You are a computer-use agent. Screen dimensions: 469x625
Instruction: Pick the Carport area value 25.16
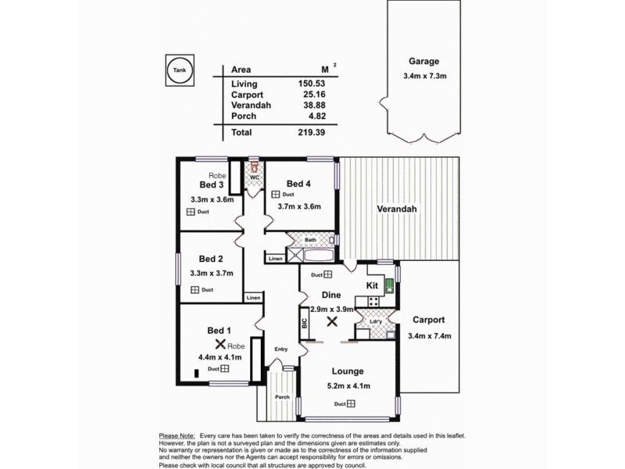click(x=310, y=95)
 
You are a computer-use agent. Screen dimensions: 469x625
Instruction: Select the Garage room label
click(x=423, y=62)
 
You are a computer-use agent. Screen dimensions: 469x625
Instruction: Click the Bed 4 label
click(x=298, y=184)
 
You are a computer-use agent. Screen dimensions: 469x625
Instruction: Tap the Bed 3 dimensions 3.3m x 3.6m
click(x=212, y=199)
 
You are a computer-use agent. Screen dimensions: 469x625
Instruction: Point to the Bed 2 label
click(x=211, y=259)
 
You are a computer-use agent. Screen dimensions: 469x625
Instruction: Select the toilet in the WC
click(x=253, y=167)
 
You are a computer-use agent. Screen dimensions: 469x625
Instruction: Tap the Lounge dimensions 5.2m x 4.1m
click(x=348, y=386)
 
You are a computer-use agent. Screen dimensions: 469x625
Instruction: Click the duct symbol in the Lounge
click(x=352, y=404)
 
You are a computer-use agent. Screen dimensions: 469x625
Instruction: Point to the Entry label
click(x=281, y=349)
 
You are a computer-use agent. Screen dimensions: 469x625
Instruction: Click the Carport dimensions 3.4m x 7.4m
click(x=430, y=336)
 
